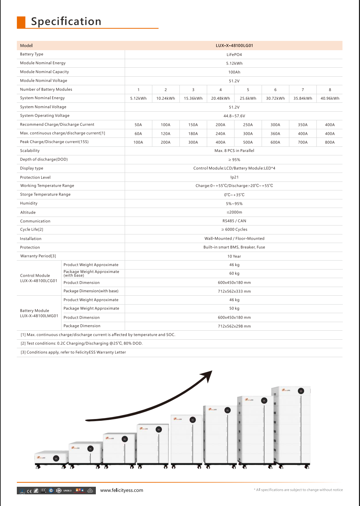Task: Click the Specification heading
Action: coord(66,21)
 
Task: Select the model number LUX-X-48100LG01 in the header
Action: coord(234,45)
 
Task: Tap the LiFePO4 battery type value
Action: coord(234,55)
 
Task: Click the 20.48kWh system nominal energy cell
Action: coord(221,98)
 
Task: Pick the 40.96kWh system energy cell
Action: coord(330,98)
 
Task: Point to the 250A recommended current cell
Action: coord(248,125)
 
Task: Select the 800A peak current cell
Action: coord(330,142)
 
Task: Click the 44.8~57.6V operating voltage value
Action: coord(234,116)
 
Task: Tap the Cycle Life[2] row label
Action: coord(32,230)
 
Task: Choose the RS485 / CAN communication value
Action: coord(234,221)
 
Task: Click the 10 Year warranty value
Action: coord(234,256)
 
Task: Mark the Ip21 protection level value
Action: coord(234,177)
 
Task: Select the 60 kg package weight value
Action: coord(234,274)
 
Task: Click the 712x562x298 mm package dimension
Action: coord(234,326)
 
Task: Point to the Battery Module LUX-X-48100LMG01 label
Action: coord(39,313)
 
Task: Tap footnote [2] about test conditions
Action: coord(81,343)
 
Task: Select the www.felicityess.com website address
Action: coord(122,490)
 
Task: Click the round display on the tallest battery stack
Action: coord(301,391)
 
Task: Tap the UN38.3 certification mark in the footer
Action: coord(67,491)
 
